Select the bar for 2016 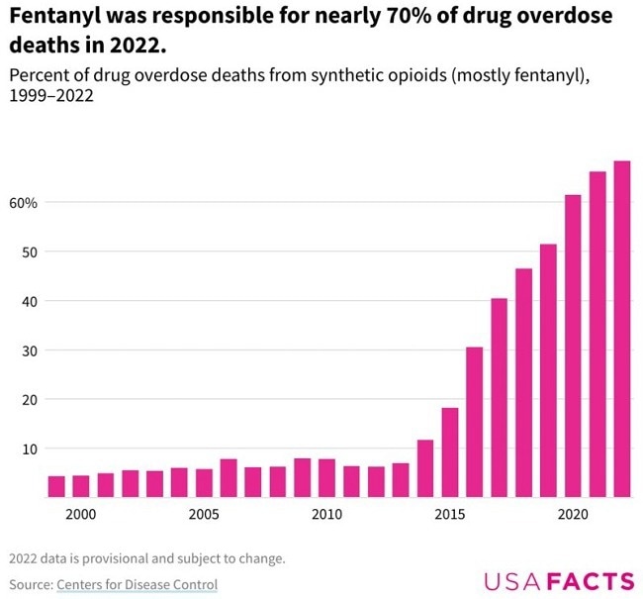(x=474, y=422)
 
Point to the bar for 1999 (x=56, y=486)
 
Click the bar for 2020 (x=573, y=346)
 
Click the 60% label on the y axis (x=24, y=203)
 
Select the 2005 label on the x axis (x=204, y=515)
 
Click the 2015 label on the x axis (x=449, y=515)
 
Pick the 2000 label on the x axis (x=81, y=515)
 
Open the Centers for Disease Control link (x=137, y=584)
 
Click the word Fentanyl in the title (x=49, y=17)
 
